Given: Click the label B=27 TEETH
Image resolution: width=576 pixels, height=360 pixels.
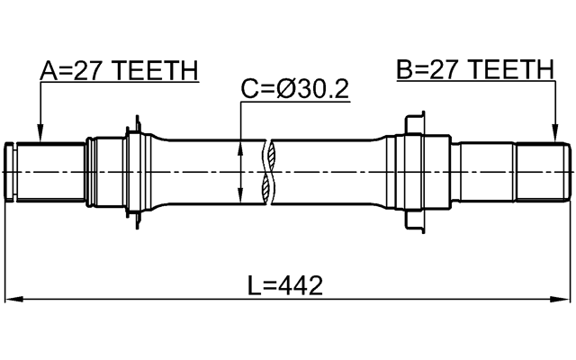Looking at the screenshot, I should click(474, 70).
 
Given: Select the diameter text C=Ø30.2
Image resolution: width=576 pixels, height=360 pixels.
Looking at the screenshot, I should click(294, 89).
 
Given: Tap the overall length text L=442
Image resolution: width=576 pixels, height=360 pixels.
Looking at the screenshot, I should click(285, 285).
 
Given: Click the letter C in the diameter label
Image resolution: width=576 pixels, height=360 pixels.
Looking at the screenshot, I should click(249, 89).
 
